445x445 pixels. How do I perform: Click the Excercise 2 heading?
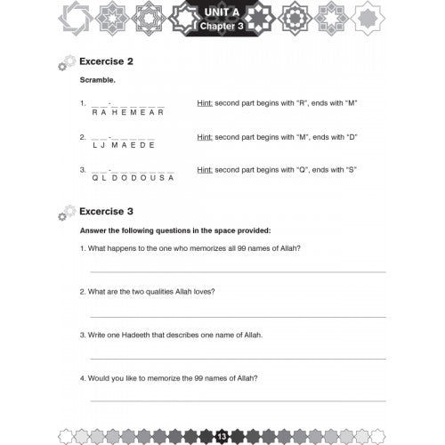pyautogui.click(x=106, y=62)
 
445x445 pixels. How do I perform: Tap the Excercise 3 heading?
pyautogui.click(x=106, y=211)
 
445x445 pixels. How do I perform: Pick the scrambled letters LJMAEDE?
pyautogui.click(x=123, y=145)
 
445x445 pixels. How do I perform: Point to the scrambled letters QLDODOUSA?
pyautogui.click(x=133, y=178)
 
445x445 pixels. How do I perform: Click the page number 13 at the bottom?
pyautogui.click(x=221, y=434)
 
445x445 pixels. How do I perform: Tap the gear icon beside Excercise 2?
pyautogui.click(x=64, y=65)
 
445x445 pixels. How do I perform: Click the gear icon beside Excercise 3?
pyautogui.click(x=64, y=214)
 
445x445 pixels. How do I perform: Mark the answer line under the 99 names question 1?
pyautogui.click(x=237, y=271)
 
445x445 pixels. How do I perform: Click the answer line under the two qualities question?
pyautogui.click(x=237, y=316)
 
